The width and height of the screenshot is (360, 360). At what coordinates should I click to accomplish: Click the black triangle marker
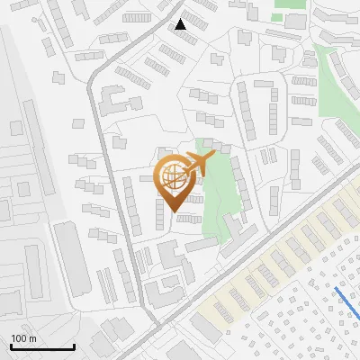click(x=181, y=24)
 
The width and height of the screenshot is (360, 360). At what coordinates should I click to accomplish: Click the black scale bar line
click(x=42, y=347)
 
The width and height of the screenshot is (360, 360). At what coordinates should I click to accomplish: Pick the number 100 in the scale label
click(x=20, y=338)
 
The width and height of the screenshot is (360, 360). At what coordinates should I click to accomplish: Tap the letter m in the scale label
click(x=32, y=338)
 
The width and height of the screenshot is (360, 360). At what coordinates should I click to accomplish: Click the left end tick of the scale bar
click(x=11, y=346)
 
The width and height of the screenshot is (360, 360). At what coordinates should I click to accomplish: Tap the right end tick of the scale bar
click(x=74, y=346)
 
